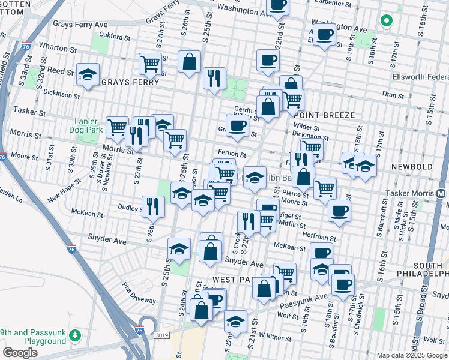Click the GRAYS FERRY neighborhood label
tap(130, 82)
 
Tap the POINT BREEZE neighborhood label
tap(322, 115)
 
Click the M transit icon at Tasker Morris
tap(442, 194)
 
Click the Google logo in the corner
tap(20, 353)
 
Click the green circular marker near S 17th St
tap(386, 21)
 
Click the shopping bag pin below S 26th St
tap(189, 62)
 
